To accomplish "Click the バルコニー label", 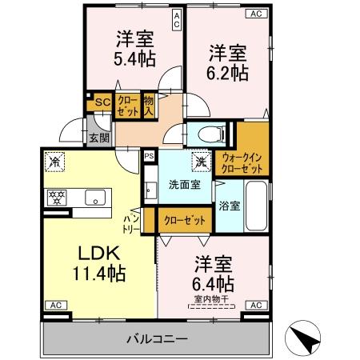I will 156,339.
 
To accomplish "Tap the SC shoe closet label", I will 102,102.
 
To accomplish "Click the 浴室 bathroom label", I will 230,206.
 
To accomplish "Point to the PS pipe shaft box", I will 149,157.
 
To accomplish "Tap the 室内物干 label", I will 210,300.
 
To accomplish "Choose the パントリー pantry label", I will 132,222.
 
